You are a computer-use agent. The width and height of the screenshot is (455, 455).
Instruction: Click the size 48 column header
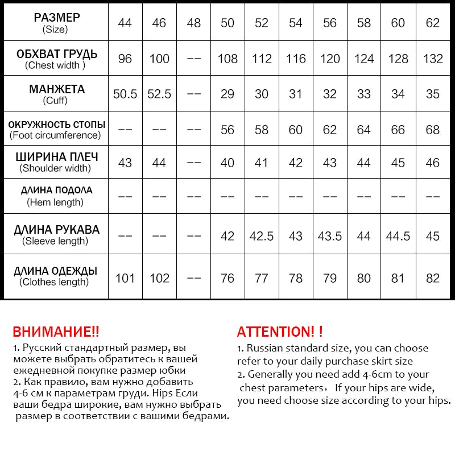click(193, 23)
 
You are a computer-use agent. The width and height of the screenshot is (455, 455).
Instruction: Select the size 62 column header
click(433, 23)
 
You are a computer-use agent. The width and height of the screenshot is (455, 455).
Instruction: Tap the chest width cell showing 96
click(125, 59)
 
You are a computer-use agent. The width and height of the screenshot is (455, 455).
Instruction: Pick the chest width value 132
click(433, 59)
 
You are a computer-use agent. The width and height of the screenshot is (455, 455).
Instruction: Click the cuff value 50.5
click(125, 94)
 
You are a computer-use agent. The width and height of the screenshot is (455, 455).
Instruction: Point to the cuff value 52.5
click(159, 94)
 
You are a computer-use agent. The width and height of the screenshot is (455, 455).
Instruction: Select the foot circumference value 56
click(227, 130)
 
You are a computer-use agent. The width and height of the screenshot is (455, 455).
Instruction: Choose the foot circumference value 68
click(433, 130)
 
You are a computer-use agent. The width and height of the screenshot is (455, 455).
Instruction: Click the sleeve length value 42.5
click(262, 235)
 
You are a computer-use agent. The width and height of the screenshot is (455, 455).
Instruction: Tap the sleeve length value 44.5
click(398, 235)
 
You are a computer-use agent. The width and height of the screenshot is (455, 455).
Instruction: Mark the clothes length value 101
click(125, 278)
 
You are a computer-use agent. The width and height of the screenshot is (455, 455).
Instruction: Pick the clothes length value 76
click(227, 278)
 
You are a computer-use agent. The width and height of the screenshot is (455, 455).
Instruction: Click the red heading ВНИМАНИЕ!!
click(56, 332)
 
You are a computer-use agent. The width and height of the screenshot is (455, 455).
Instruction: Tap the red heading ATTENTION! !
click(280, 332)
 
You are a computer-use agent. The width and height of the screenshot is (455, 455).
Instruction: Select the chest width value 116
click(296, 59)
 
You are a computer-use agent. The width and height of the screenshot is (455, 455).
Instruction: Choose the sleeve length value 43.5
click(330, 235)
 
